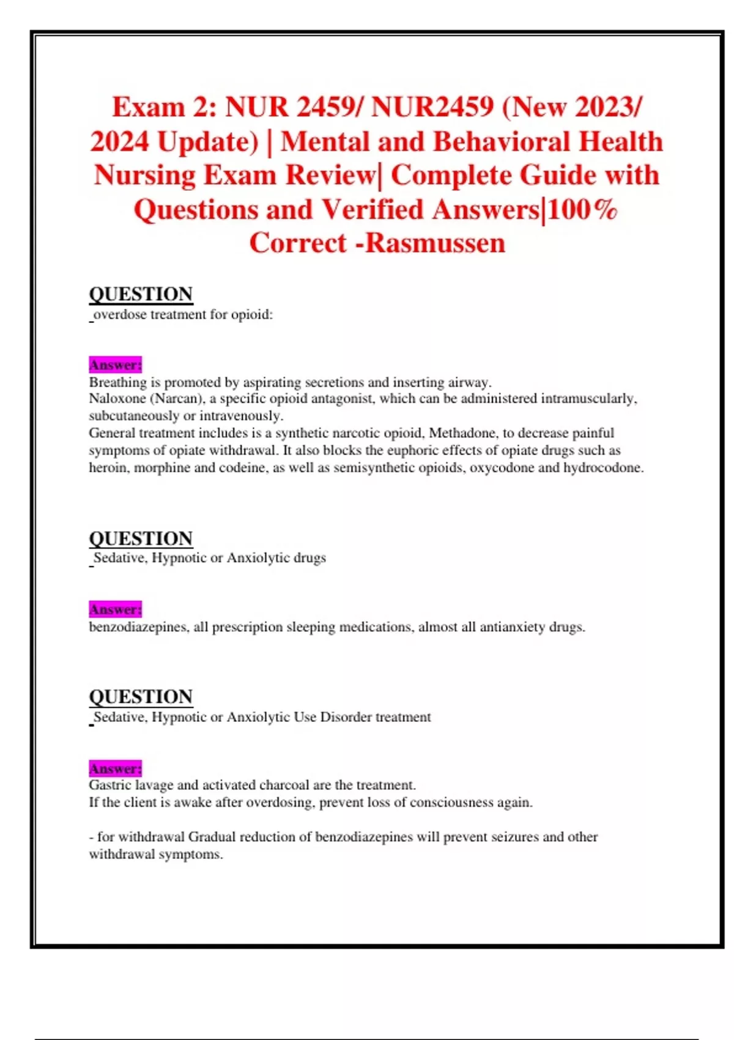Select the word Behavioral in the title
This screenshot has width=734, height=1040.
(502, 142)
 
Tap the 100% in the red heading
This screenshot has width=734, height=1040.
(581, 210)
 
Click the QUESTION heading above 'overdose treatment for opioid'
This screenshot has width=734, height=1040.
(141, 294)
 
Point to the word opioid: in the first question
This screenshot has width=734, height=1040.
(251, 314)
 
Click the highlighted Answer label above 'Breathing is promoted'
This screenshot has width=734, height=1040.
(115, 365)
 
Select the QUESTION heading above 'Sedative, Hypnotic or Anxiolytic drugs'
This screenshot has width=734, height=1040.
(141, 538)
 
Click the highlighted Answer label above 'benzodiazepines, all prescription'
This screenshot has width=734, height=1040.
(115, 609)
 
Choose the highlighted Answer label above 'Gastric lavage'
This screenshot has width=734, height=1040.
(115, 768)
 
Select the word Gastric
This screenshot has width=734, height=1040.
(110, 785)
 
